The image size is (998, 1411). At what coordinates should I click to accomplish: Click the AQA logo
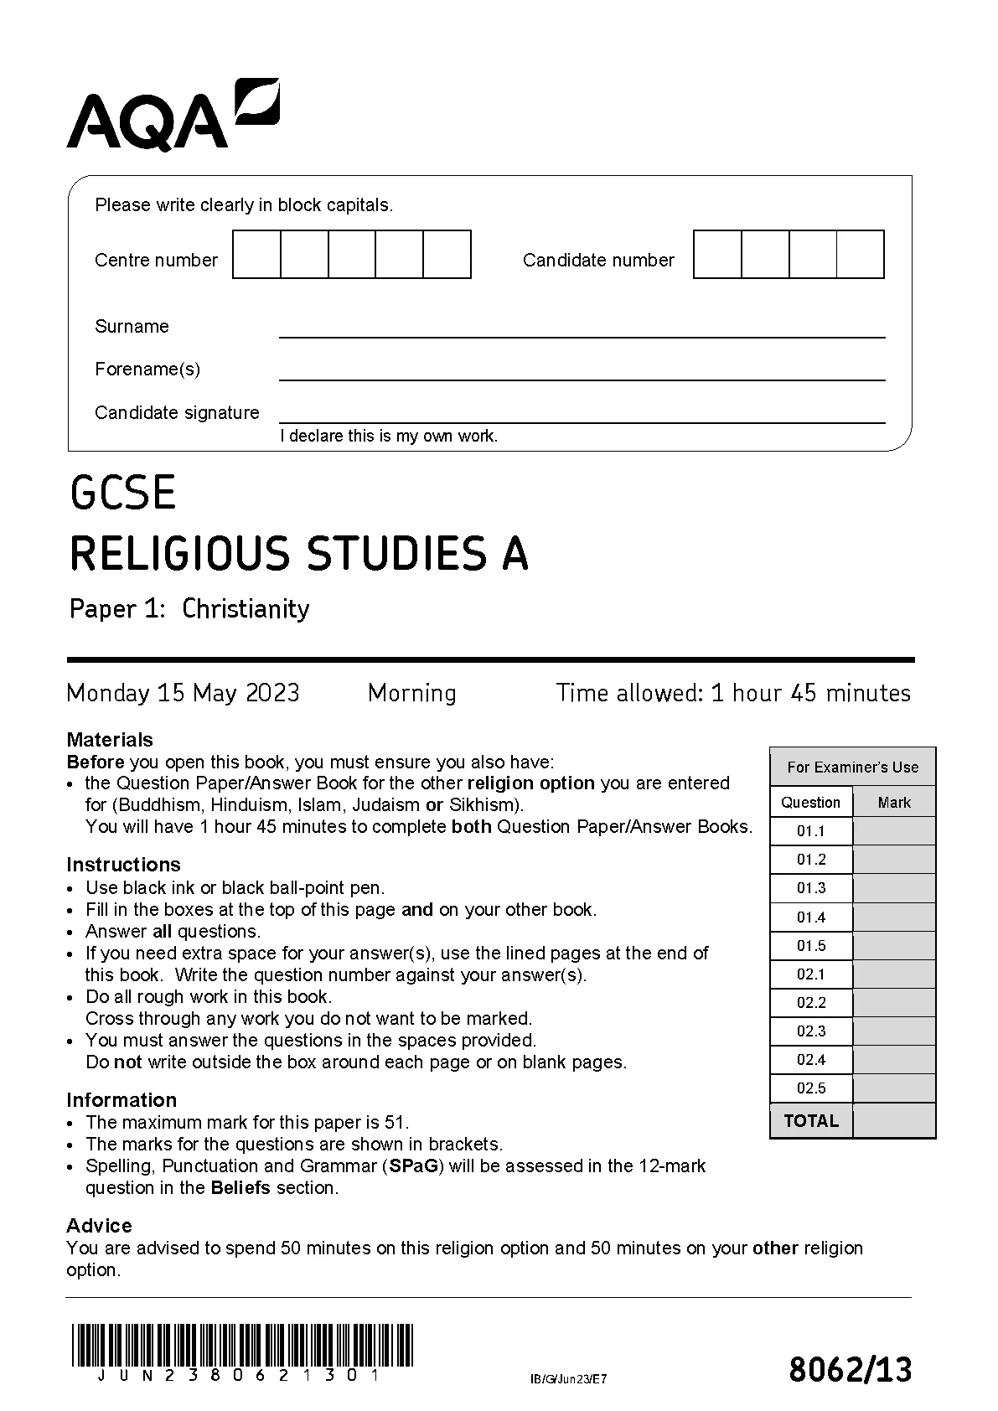(x=172, y=116)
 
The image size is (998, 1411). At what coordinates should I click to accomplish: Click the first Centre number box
(x=256, y=254)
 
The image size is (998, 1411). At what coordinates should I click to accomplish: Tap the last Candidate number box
(x=860, y=254)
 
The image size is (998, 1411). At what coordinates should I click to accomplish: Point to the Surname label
(x=132, y=327)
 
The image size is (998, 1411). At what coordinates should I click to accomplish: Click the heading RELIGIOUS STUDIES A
(x=298, y=554)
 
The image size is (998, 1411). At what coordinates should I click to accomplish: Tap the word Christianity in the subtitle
(x=246, y=608)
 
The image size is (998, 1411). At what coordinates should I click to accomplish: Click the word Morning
(x=411, y=693)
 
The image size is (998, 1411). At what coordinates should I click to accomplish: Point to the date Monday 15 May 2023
(x=183, y=693)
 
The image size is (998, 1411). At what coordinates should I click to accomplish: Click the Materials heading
(x=110, y=740)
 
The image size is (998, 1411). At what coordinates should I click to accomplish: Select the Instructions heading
(x=123, y=865)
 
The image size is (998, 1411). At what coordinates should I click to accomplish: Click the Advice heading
(x=99, y=1226)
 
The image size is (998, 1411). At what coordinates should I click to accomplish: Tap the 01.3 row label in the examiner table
(x=811, y=888)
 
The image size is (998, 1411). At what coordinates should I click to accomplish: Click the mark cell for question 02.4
(x=893, y=1060)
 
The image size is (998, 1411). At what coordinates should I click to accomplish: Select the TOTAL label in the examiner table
(x=811, y=1121)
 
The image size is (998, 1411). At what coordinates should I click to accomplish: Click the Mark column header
(x=894, y=803)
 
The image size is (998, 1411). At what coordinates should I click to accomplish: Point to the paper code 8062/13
(x=850, y=1370)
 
